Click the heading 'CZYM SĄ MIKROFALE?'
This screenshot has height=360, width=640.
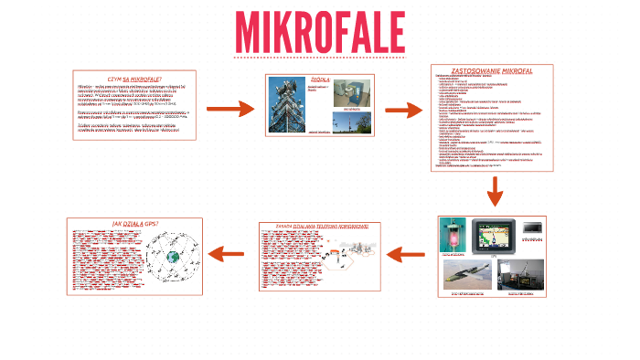133,79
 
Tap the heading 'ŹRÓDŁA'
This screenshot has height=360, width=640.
320,79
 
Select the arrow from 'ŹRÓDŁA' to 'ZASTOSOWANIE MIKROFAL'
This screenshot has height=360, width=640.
403,110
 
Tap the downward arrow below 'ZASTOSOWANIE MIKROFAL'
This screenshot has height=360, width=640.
495,192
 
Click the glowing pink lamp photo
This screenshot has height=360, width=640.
455,232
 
